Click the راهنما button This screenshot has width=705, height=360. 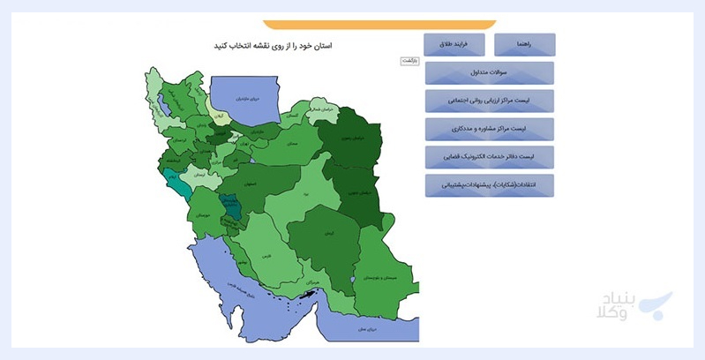coord(525,44)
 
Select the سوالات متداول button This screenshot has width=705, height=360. coord(489,73)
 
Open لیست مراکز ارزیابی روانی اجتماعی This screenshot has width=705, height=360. coord(489,101)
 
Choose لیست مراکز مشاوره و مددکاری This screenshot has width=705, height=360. coord(489,130)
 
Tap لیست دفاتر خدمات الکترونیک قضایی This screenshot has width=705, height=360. coord(489,158)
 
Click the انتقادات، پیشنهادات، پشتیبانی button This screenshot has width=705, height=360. coord(489,186)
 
